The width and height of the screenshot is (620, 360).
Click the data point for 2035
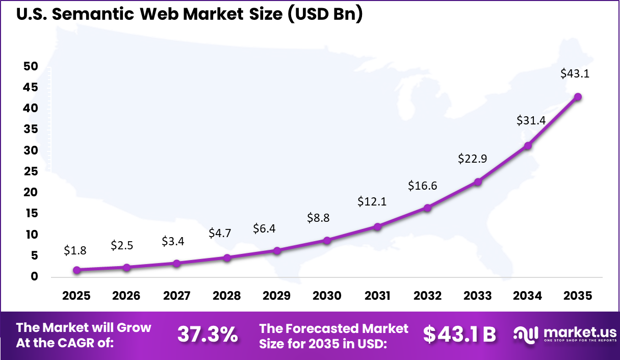(x=578, y=97)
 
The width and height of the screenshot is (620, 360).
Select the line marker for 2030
(x=327, y=240)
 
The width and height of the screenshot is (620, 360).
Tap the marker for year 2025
(x=76, y=270)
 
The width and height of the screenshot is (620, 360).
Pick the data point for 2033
(x=478, y=182)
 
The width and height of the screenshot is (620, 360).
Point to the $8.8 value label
(x=318, y=218)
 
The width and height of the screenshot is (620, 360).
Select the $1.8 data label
(x=75, y=250)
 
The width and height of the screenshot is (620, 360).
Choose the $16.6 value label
(x=422, y=186)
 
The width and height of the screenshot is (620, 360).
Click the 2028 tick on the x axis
(x=227, y=296)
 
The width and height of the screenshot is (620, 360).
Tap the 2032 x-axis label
(x=428, y=296)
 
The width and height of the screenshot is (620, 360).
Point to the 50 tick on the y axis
(x=30, y=66)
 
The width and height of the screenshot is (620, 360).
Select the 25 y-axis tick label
(x=30, y=171)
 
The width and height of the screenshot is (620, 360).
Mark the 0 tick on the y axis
(x=34, y=277)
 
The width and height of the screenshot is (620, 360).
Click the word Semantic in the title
(x=97, y=14)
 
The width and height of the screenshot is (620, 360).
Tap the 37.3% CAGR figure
(x=208, y=335)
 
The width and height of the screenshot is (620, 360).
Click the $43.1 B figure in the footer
(x=459, y=335)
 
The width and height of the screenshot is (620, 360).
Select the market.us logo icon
(x=526, y=334)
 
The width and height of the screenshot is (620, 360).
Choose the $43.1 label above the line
(x=575, y=73)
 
